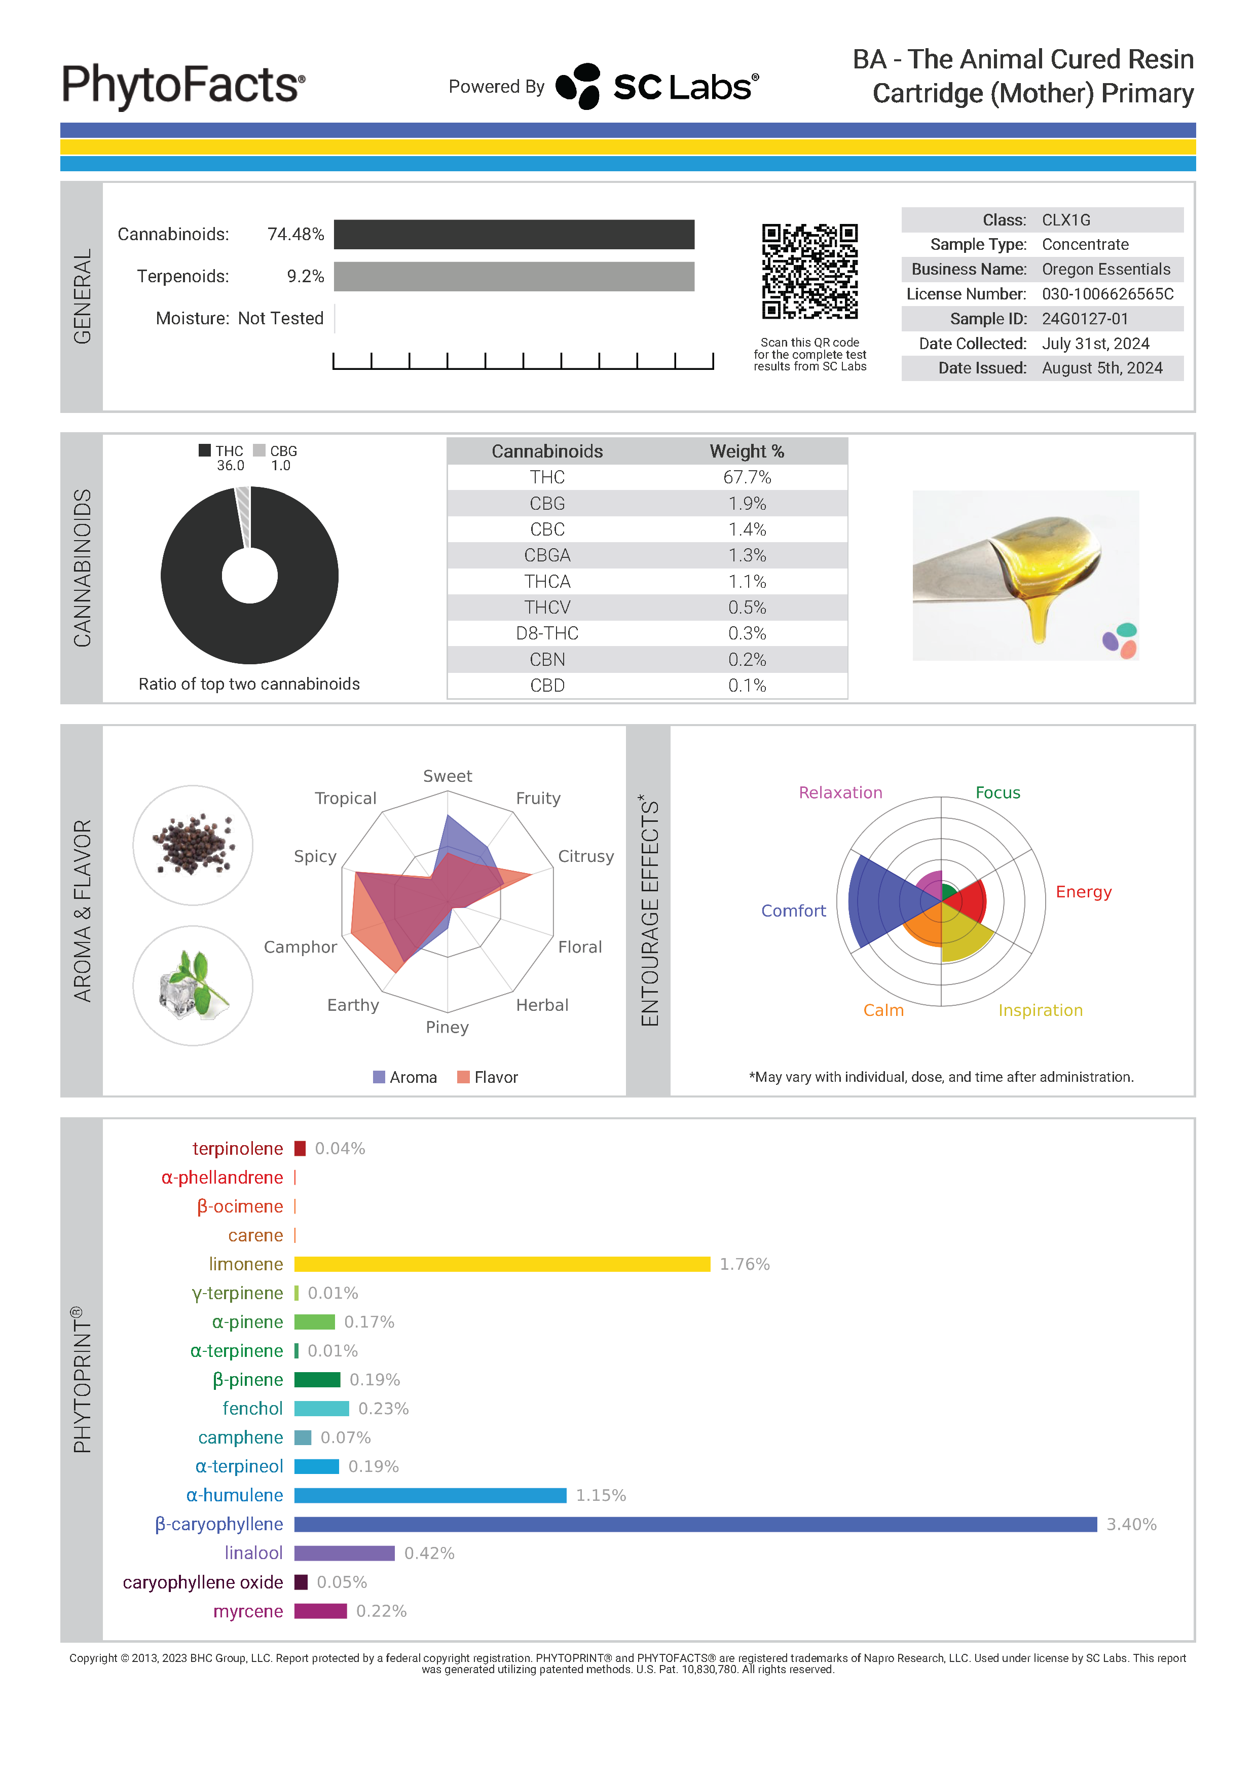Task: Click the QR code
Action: click(x=809, y=271)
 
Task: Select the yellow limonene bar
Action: click(x=502, y=1264)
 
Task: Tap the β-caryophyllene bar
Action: click(x=695, y=1524)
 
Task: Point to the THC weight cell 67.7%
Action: click(x=747, y=477)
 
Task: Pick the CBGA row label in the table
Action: click(x=547, y=555)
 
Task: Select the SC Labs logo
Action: click(x=657, y=86)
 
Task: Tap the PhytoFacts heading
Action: click(x=183, y=85)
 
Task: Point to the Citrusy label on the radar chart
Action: click(x=585, y=856)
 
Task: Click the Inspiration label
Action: click(x=1040, y=1010)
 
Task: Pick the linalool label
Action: click(x=253, y=1554)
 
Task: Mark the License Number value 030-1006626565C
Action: click(x=1107, y=294)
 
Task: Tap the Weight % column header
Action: click(x=747, y=451)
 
